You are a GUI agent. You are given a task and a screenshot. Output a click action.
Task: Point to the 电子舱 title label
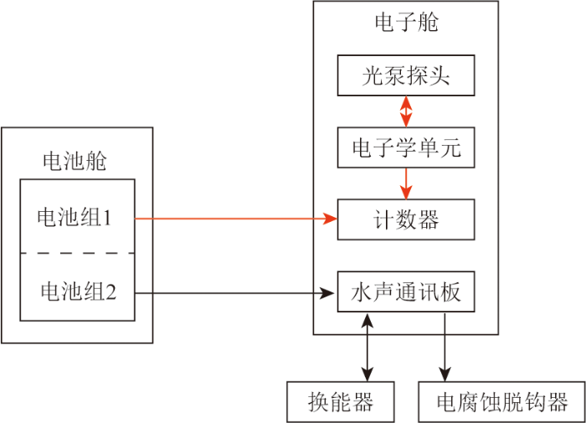[406, 22]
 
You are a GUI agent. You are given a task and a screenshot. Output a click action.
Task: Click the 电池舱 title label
[75, 161]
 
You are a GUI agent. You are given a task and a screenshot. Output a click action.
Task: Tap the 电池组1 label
[74, 217]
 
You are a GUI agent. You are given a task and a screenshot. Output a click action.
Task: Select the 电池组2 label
[79, 291]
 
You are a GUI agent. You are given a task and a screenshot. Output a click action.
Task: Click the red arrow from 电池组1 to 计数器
[236, 219]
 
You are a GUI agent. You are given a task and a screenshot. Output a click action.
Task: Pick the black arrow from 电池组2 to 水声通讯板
[234, 293]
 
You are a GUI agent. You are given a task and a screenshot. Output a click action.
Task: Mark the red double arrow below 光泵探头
[406, 111]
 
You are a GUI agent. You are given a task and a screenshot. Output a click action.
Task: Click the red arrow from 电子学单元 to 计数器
[406, 183]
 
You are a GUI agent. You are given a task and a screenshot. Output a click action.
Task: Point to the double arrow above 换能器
[368, 348]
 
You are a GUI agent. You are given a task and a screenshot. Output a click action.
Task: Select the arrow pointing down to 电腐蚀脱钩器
[445, 348]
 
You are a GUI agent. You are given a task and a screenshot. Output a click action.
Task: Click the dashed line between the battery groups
[77, 253]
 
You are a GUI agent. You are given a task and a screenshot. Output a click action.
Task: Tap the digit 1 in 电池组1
[107, 218]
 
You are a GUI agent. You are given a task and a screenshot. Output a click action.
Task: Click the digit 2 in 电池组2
[111, 292]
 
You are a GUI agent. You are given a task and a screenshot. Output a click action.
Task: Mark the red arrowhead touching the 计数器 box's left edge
[331, 219]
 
